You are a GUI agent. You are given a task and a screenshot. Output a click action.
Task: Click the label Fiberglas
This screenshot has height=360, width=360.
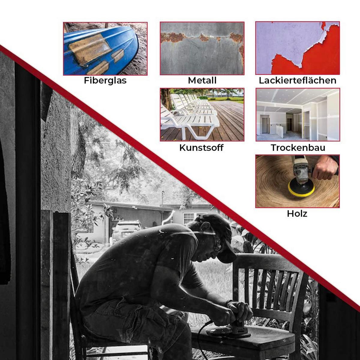[x=105, y=81]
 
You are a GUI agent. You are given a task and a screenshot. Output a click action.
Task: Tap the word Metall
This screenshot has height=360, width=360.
[x=202, y=80]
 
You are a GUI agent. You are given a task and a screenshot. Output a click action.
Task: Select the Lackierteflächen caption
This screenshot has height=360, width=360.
[x=298, y=80]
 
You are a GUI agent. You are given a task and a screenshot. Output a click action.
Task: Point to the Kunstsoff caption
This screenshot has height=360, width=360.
[x=201, y=148]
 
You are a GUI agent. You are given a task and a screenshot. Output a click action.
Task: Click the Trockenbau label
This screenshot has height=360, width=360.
[x=298, y=148]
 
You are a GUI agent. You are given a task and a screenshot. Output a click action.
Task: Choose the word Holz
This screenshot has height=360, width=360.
[x=297, y=214]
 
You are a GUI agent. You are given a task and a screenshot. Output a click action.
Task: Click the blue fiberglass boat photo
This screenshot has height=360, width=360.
[x=105, y=49]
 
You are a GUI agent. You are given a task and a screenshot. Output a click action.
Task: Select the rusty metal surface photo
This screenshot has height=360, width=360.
[x=202, y=48]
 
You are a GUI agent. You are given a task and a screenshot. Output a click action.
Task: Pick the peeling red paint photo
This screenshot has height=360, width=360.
[x=298, y=48]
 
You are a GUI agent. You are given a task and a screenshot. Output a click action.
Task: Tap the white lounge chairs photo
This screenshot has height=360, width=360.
[x=202, y=115]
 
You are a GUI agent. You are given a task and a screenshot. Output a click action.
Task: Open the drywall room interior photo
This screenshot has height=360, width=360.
[x=298, y=115]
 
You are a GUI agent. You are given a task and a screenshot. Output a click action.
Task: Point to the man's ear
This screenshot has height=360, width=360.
[x=205, y=226]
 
